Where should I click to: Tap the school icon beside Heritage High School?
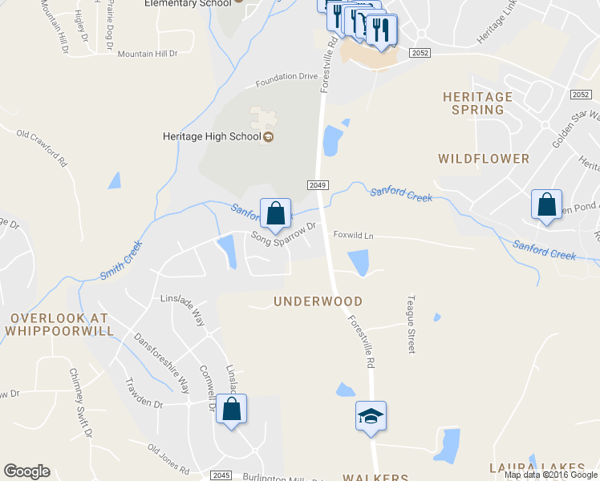[x=269, y=136]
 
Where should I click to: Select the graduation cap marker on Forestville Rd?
[x=371, y=416]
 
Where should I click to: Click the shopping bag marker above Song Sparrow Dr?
[x=275, y=213]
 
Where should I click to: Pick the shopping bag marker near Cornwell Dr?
[x=231, y=410]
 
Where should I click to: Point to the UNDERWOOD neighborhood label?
[x=318, y=301]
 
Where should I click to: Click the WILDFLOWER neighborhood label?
[x=484, y=159]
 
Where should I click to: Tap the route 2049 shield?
[x=318, y=185]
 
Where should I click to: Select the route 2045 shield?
[x=222, y=475]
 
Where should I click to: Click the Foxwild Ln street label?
[x=354, y=236]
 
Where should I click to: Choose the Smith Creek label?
[x=121, y=261]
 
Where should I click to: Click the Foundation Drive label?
[x=287, y=81]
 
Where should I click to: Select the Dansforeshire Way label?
[x=161, y=358]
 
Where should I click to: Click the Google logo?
[x=26, y=471]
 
